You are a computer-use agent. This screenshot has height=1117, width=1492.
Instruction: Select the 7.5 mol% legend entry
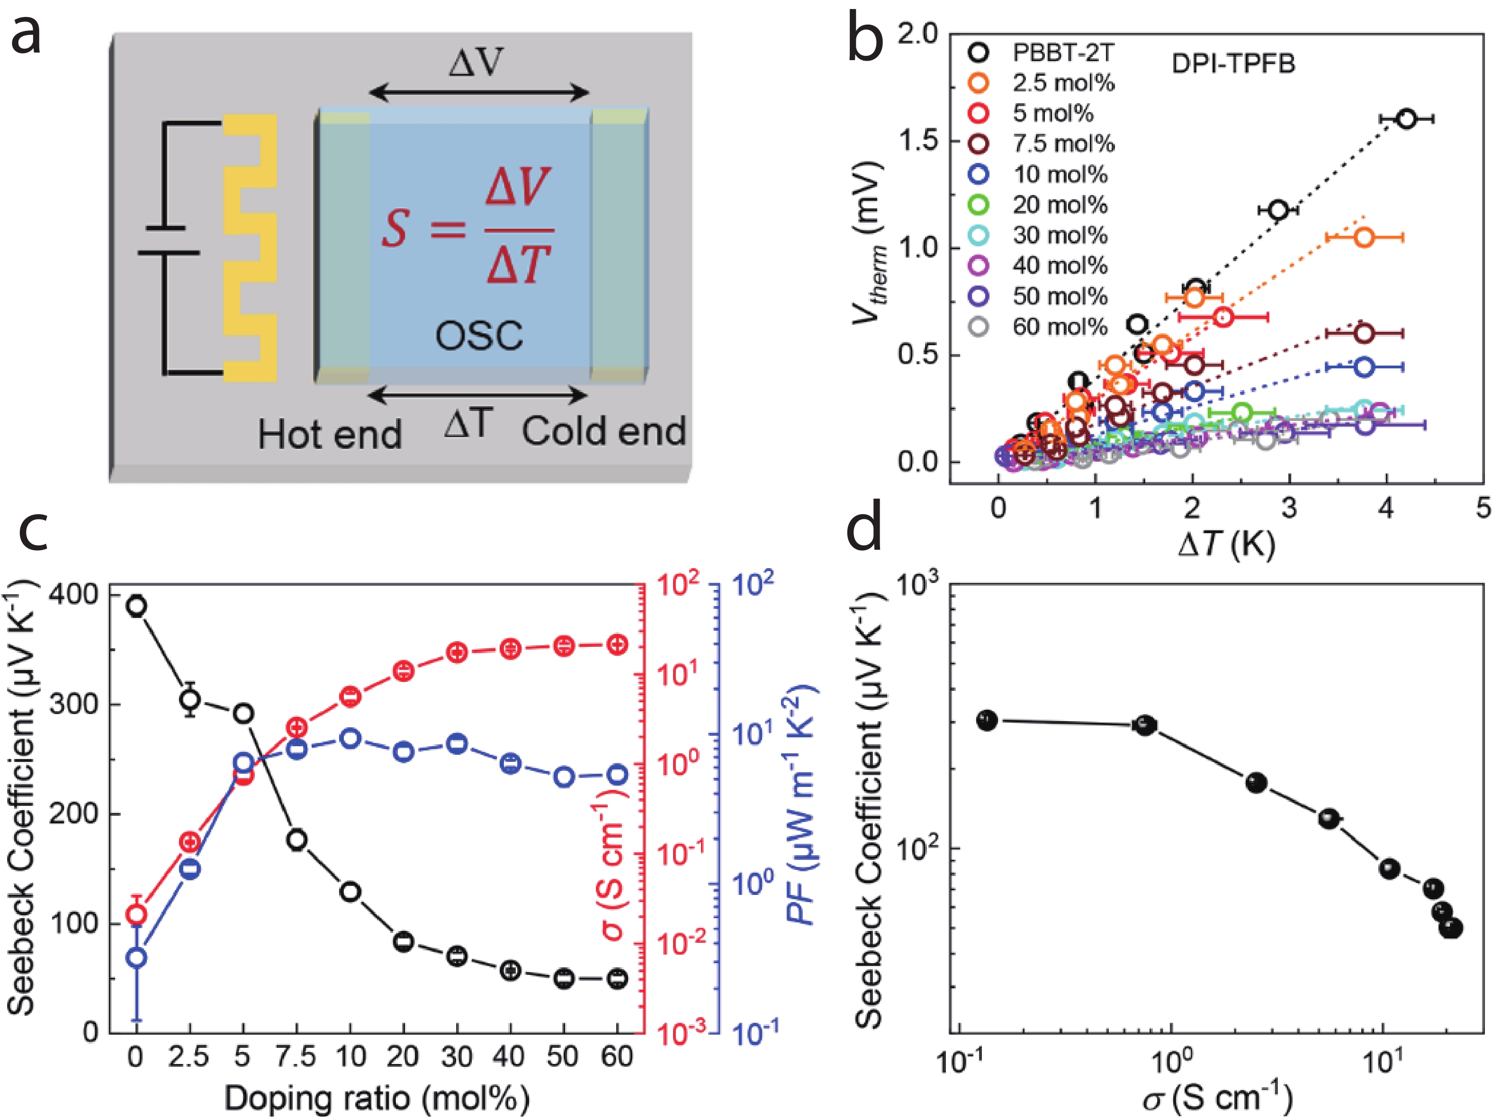coord(1063,143)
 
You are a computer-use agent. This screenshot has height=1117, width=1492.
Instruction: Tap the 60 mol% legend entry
coord(1060,327)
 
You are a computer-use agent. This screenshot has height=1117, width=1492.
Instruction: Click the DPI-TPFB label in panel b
coord(1233,64)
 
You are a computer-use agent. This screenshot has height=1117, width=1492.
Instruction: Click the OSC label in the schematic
coord(478,335)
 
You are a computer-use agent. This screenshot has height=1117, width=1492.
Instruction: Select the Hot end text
coord(329,435)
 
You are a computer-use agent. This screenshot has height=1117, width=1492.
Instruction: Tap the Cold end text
coord(604,431)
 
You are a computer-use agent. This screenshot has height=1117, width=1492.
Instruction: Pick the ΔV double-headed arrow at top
coord(478,92)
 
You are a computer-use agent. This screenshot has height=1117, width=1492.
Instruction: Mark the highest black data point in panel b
coord(1406,119)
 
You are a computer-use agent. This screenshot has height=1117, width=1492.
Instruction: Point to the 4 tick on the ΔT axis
coord(1386,508)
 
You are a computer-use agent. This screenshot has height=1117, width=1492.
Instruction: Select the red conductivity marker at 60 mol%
coord(617,644)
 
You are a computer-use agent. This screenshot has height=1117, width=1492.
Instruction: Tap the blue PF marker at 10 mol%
coord(350,738)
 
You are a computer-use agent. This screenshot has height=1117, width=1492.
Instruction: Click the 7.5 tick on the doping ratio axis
coord(296,1057)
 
